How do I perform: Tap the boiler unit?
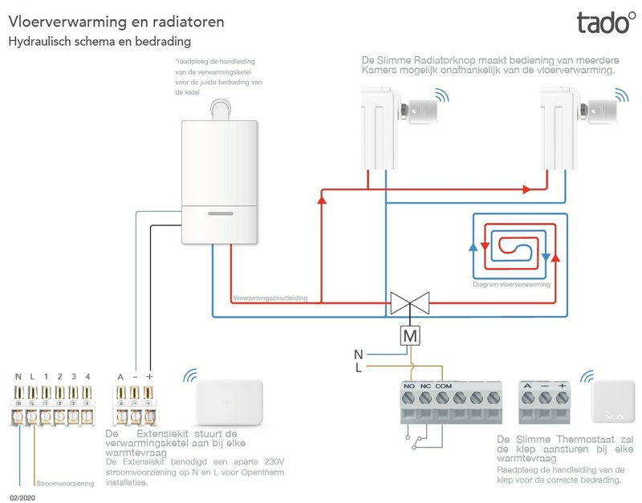[x=218, y=181]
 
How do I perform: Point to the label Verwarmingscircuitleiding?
[x=271, y=299]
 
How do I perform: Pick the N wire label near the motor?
[x=359, y=353]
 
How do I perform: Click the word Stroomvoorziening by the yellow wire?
[x=65, y=484]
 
